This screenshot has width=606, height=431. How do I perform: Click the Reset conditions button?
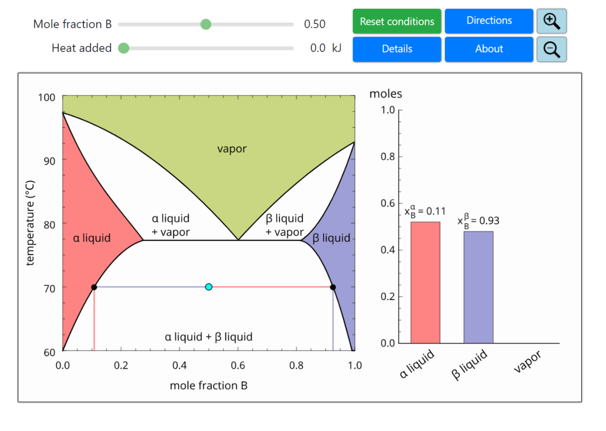coord(397,21)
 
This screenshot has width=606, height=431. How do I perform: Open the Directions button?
coord(489,21)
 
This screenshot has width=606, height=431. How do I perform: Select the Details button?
coord(397,49)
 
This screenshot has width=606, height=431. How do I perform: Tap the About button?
coord(489,49)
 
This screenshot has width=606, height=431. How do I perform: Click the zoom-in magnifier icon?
coord(552,21)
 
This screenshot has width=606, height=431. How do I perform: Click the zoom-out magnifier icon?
coord(552,49)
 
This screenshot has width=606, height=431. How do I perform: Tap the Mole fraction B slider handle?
coord(206,24)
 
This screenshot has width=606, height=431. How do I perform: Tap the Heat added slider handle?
coord(124,49)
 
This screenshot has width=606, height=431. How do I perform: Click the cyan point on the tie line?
coord(208,287)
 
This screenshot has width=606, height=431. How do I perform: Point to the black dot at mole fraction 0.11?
coord(94,287)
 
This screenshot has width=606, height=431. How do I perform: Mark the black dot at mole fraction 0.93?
coord(333,287)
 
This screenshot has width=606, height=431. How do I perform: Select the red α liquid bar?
coord(426,282)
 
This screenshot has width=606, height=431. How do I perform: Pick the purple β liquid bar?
coord(478,287)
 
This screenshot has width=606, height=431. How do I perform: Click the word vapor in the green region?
coord(232,149)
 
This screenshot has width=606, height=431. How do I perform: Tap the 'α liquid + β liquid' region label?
coord(208,337)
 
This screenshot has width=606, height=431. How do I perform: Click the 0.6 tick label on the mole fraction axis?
coord(237,365)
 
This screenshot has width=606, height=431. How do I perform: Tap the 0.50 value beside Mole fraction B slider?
coord(315,24)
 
